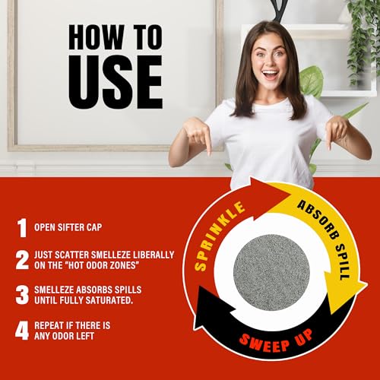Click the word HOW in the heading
click(x=97, y=37)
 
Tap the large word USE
click(x=116, y=82)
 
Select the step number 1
click(x=22, y=228)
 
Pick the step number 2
click(x=22, y=260)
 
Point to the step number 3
click(x=22, y=295)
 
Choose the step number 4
click(x=22, y=331)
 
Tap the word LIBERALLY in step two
click(x=154, y=255)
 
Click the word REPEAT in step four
click(x=49, y=325)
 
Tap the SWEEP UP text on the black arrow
click(x=276, y=340)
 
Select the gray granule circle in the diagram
click(x=271, y=272)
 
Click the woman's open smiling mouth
click(x=270, y=74)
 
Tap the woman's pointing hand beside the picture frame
click(x=200, y=135)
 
